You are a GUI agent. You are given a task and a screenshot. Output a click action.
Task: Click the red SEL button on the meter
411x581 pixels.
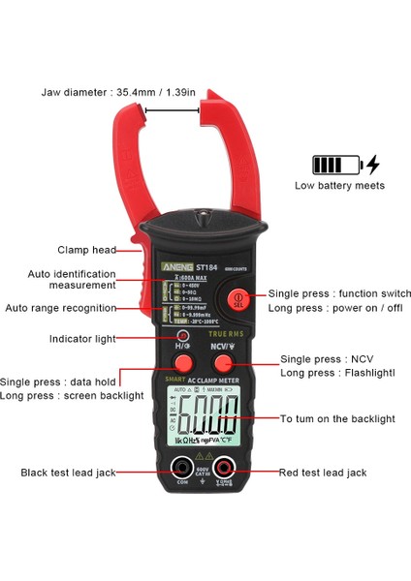coord(236,298)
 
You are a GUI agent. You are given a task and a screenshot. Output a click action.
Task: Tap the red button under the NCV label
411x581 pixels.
coord(223,363)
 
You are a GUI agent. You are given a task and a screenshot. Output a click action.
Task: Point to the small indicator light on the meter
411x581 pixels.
coord(181,336)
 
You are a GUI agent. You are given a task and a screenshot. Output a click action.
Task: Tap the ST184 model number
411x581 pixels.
coord(205,266)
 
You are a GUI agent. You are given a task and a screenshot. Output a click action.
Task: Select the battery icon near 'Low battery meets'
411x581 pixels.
coord(334,164)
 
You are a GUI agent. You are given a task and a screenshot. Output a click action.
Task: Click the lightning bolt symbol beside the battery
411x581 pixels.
coord(373,164)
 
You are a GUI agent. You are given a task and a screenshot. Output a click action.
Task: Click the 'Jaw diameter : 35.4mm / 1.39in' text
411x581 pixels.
coord(132,93)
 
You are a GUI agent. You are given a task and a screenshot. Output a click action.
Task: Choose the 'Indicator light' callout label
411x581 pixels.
coord(82,339)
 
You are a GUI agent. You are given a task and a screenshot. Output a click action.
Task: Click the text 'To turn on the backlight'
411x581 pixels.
coord(337,418)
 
